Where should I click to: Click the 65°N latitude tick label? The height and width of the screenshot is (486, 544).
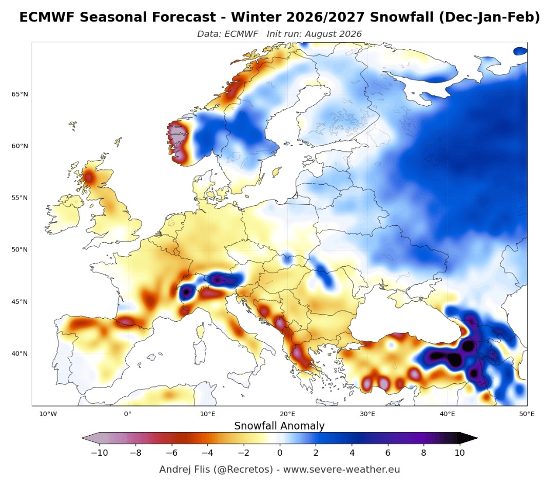pyautogui.click(x=20, y=94)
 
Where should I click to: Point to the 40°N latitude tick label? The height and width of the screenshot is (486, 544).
pyautogui.click(x=20, y=354)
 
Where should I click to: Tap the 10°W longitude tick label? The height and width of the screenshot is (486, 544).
pyautogui.click(x=48, y=414)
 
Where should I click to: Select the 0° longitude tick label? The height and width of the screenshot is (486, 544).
pyautogui.click(x=128, y=414)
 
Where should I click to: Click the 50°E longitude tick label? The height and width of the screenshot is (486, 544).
pyautogui.click(x=527, y=414)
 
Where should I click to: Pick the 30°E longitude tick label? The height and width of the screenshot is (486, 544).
pyautogui.click(x=367, y=414)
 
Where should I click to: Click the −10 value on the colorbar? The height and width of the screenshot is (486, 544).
pyautogui.click(x=99, y=453)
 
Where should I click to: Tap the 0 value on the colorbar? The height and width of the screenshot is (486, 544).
pyautogui.click(x=280, y=453)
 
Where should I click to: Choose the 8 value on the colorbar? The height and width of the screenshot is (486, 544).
pyautogui.click(x=423, y=453)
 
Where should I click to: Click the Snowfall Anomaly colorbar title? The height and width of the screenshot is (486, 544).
pyautogui.click(x=279, y=426)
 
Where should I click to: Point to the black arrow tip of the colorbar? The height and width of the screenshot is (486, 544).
pyautogui.click(x=477, y=438)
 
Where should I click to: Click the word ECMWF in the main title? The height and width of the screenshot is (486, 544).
pyautogui.click(x=47, y=17)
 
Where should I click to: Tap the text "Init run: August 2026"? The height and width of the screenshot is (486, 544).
pyautogui.click(x=314, y=34)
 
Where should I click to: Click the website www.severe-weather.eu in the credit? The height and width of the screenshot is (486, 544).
pyautogui.click(x=341, y=470)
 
